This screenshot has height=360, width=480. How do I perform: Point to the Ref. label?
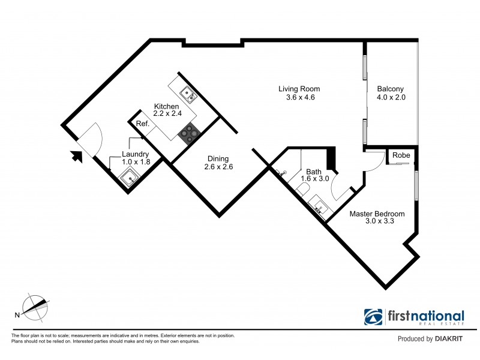(x=142, y=124)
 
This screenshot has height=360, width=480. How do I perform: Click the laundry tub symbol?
(x=130, y=178)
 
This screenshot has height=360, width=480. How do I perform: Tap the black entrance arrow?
(x=77, y=157)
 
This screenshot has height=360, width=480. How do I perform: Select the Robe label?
(x=400, y=155)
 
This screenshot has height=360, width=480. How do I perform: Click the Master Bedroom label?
(x=377, y=217)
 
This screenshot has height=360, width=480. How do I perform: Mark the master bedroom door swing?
(x=374, y=160)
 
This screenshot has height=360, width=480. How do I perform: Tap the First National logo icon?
(x=374, y=317)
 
